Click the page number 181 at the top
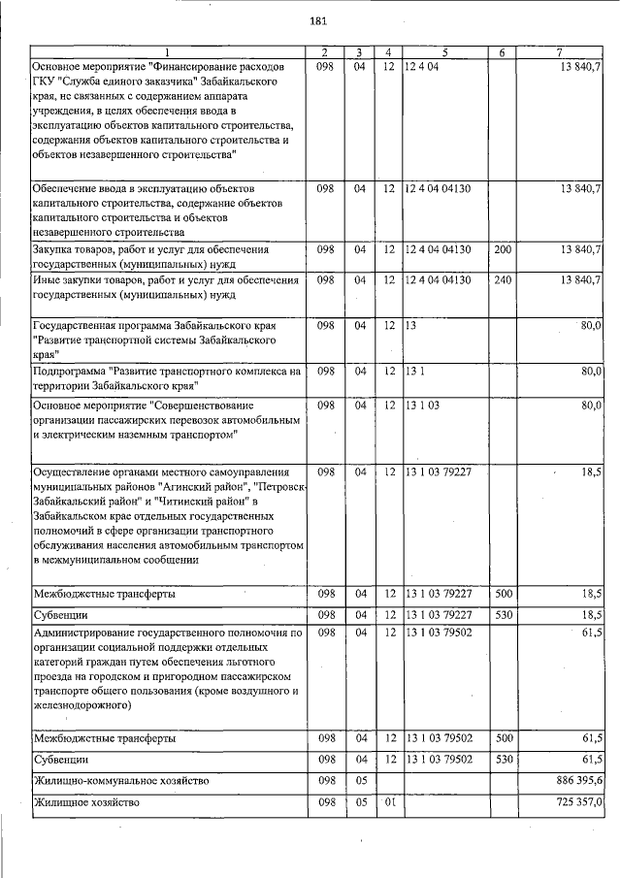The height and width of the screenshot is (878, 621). (317, 20)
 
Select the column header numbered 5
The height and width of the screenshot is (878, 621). (445, 52)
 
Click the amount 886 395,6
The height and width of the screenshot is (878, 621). (574, 781)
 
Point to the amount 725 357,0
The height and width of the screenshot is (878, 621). (574, 803)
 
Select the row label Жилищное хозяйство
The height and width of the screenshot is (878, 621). (86, 803)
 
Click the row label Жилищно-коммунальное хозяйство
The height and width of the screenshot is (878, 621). (120, 781)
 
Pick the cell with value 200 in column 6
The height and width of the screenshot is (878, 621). (503, 250)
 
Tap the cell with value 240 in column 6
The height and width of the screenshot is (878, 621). (503, 280)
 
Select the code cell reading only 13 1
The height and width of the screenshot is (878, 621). (414, 371)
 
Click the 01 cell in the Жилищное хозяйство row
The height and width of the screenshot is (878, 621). (390, 803)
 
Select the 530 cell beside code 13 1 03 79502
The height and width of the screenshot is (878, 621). (503, 759)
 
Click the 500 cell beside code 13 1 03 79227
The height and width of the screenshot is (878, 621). (503, 593)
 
